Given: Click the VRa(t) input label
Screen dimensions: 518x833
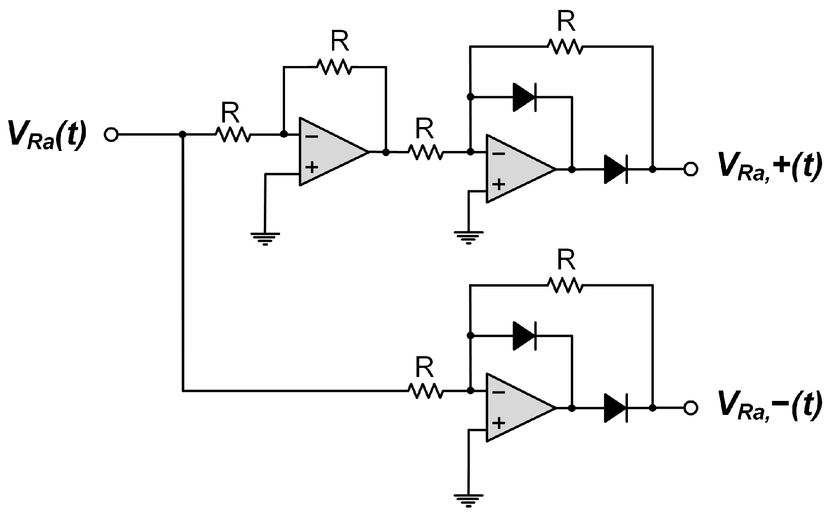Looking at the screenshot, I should [x=47, y=135].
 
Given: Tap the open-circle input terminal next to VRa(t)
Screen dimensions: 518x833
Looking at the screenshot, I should [x=111, y=135].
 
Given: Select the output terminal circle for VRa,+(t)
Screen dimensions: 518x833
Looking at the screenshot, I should [x=690, y=170].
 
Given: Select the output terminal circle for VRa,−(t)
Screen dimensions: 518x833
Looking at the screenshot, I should [x=690, y=408].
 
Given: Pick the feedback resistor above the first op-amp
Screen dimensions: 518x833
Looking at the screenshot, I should [x=334, y=67].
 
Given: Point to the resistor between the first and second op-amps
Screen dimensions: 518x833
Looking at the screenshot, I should [x=425, y=152].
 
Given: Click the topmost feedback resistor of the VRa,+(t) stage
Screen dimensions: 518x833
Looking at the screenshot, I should [x=565, y=46].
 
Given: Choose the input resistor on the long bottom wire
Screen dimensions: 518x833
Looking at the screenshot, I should [x=425, y=391].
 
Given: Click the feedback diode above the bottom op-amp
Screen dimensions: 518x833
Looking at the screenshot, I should [x=524, y=336].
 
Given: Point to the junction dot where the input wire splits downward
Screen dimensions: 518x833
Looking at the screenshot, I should [x=183, y=135].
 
